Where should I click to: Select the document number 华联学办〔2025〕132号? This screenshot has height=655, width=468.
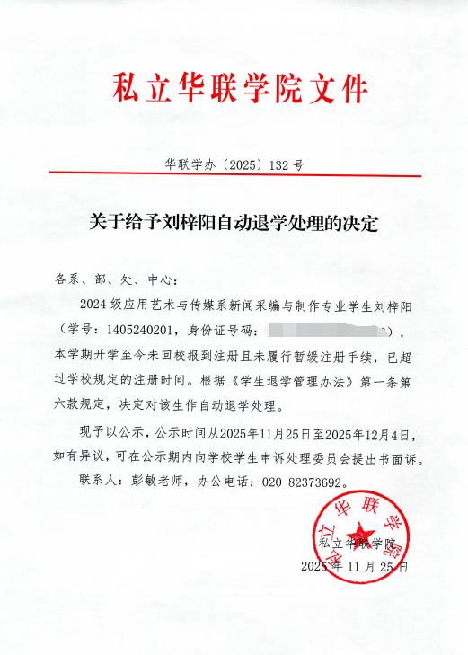pos(234,164)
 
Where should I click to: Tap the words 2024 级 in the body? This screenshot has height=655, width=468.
pos(96,304)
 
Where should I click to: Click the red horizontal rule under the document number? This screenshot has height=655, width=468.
pos(234,175)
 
